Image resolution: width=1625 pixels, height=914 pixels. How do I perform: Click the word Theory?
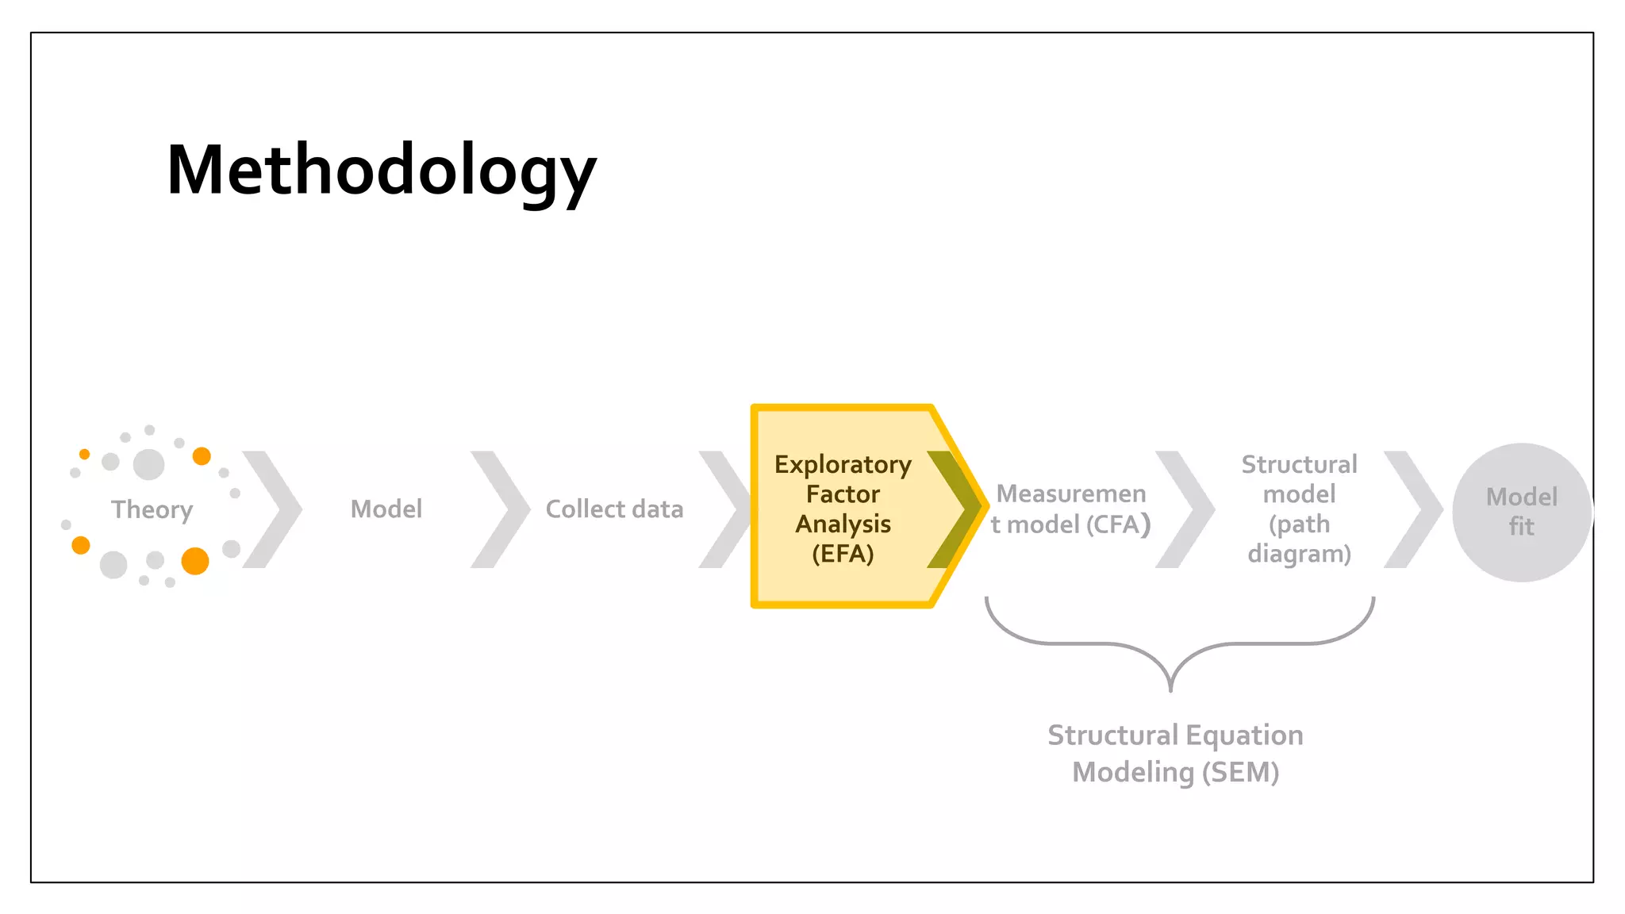[x=152, y=509]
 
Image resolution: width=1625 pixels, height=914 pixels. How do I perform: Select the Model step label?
[x=386, y=509]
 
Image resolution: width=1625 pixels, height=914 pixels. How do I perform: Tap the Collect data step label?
[x=614, y=509]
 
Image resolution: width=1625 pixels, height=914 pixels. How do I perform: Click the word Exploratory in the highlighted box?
[x=843, y=465]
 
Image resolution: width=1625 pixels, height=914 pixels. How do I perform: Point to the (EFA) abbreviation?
[x=843, y=553]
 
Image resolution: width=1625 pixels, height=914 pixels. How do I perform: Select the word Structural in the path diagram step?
[x=1299, y=464]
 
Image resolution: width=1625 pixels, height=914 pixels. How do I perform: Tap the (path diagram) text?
[x=1299, y=539]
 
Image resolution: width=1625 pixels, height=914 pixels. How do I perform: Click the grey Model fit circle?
[x=1521, y=512]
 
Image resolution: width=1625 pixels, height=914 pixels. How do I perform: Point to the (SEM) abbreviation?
[x=1240, y=772]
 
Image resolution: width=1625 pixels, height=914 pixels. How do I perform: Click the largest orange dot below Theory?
[x=195, y=561]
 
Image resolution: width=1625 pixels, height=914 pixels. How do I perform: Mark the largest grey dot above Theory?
[x=148, y=464]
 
